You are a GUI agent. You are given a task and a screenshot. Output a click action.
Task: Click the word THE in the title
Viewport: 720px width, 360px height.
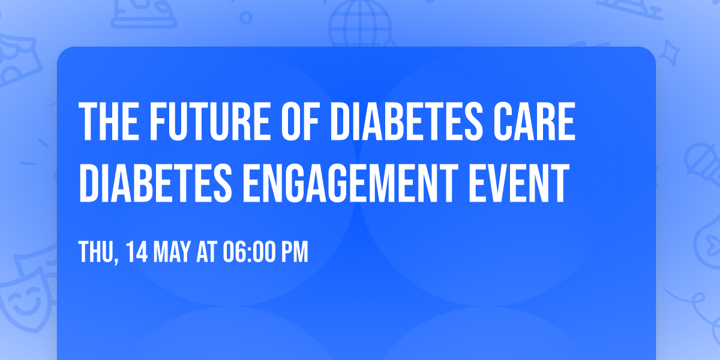109,121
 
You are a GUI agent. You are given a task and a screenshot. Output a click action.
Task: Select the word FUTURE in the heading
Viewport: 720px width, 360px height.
210,121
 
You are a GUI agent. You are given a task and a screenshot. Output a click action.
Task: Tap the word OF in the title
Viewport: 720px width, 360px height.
300,121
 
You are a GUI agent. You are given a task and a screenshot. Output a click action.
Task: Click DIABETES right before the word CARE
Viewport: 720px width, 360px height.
407,121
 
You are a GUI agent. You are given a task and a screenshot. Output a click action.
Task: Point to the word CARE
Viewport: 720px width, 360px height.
535,121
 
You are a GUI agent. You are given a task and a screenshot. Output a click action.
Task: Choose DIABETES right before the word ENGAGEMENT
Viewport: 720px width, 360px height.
155,183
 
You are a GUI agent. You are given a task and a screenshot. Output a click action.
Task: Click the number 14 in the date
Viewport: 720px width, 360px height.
137,252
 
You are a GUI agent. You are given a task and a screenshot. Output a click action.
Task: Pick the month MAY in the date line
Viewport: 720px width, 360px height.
172,252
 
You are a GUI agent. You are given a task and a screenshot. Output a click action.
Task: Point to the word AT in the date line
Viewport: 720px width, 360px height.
207,252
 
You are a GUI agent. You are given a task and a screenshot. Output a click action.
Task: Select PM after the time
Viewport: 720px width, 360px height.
295,252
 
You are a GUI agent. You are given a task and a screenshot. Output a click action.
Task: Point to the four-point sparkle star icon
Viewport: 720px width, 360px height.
670,53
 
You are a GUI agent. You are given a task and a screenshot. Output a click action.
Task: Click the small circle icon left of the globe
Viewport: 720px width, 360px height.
246,17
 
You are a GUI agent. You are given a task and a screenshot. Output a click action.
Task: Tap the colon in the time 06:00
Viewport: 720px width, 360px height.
250,253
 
